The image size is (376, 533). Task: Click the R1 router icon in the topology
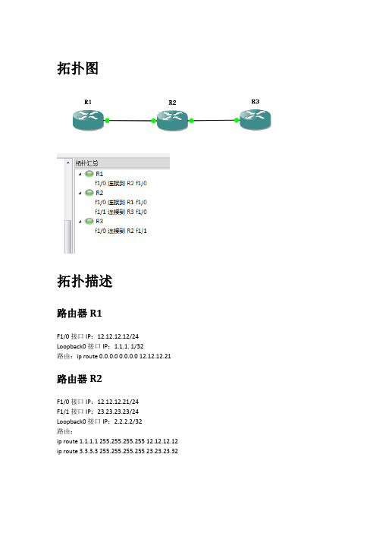tap(88, 120)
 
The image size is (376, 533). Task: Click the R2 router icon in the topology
tap(172, 120)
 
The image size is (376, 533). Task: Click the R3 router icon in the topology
tap(255, 119)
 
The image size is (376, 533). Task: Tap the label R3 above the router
tap(255, 102)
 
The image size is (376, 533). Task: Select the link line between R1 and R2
tap(130, 120)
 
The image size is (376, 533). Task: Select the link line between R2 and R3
tap(214, 120)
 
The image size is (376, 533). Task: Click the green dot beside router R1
tap(107, 120)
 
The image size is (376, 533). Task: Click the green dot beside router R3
tap(237, 120)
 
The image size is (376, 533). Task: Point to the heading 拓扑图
tap(78, 68)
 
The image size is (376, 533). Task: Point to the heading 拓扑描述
tap(84, 281)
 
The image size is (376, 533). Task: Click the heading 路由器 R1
tap(80, 313)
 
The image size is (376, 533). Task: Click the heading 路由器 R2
tap(80, 379)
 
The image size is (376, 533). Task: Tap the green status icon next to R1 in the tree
tap(89, 174)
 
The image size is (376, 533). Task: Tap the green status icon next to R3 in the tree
tap(89, 221)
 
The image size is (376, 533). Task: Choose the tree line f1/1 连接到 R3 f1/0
tap(121, 212)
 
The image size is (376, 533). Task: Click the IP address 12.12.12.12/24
tap(117, 336)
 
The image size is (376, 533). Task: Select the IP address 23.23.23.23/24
tap(117, 412)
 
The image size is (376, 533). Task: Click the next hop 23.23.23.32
tap(162, 451)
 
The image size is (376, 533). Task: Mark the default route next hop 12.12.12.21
tap(155, 356)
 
